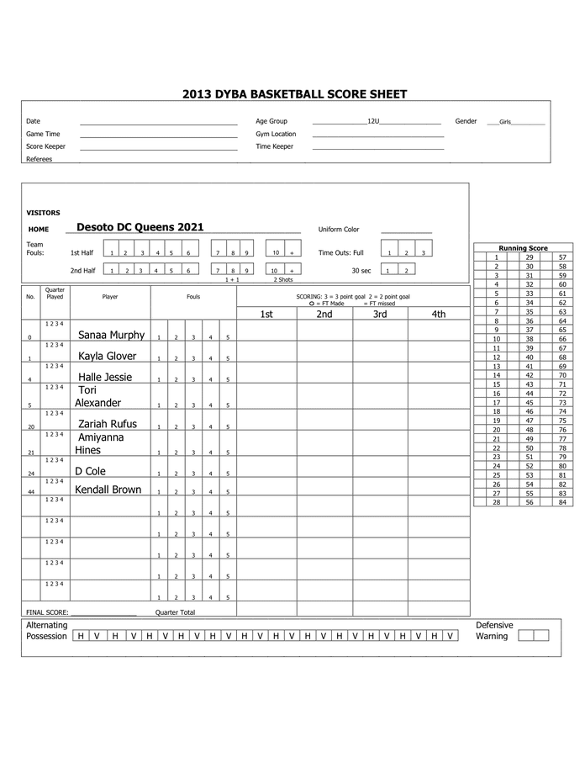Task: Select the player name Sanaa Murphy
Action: [x=111, y=335]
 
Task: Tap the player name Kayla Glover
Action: [x=107, y=356]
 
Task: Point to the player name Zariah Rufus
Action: [x=107, y=424]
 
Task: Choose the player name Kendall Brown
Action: [x=108, y=490]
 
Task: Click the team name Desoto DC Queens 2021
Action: [x=140, y=227]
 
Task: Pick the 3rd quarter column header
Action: [x=381, y=315]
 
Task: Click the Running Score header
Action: [x=523, y=248]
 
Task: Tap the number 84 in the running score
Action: [x=562, y=502]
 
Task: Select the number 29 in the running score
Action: [x=530, y=257]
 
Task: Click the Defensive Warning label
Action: [x=494, y=631]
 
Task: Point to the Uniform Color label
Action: [x=339, y=230]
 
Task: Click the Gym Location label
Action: [x=276, y=134]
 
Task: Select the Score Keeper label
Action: [x=45, y=146]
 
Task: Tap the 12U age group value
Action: [x=374, y=121]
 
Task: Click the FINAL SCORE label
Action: [x=47, y=612]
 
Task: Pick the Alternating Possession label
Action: [x=47, y=631]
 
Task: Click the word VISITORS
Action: [x=43, y=213]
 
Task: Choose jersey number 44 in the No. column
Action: [x=31, y=492]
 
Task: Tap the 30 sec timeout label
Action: [x=361, y=271]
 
